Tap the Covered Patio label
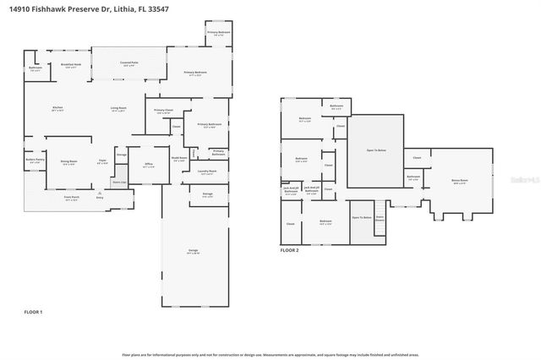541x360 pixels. click(x=129, y=63)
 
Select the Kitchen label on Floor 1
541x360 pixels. click(x=57, y=108)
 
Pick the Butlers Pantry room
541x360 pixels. click(x=35, y=161)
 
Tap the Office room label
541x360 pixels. click(x=148, y=165)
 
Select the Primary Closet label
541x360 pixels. click(x=164, y=112)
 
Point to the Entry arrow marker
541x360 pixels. click(x=100, y=194)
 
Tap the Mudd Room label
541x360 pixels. click(x=179, y=158)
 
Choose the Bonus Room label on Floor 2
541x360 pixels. click(x=460, y=180)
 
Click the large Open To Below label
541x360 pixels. click(x=376, y=150)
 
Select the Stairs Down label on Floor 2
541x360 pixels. click(x=380, y=218)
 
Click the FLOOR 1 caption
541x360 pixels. click(x=33, y=313)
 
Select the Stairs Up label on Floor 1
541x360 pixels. click(x=119, y=182)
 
